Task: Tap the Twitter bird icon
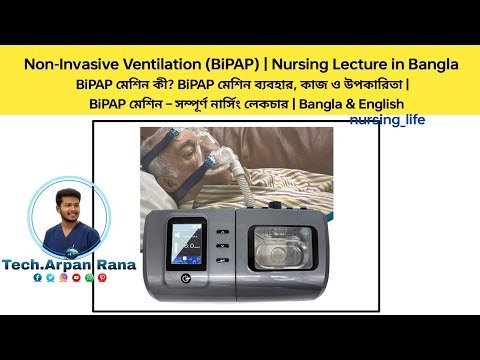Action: [x=50, y=277]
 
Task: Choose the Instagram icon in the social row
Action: [x=63, y=277]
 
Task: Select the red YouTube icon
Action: [x=76, y=277]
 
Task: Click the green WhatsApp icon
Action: [x=89, y=277]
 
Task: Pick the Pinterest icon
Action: [x=102, y=277]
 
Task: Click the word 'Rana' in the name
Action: [x=113, y=261]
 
